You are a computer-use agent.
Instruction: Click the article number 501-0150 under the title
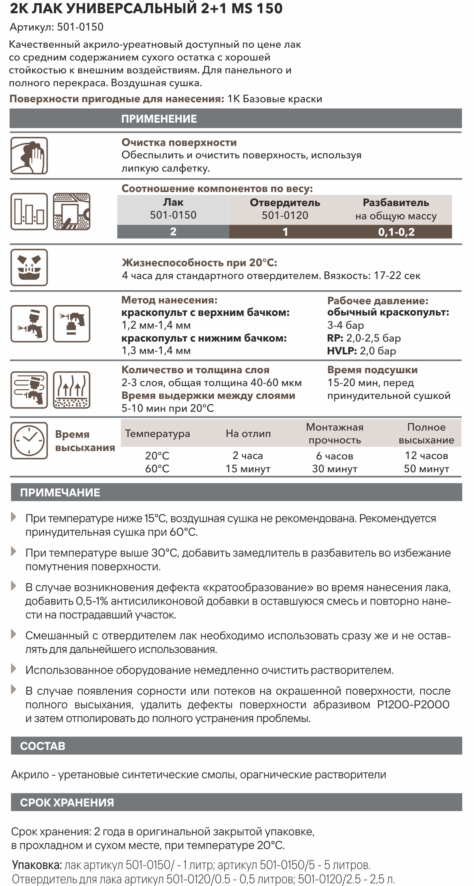point(80,27)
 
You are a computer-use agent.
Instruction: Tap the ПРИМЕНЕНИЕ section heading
point(159,119)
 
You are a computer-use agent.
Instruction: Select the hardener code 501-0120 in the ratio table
point(285,215)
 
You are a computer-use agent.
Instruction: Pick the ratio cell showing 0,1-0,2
point(396,232)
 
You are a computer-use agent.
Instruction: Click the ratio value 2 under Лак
point(173,232)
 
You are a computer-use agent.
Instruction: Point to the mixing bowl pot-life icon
point(29,267)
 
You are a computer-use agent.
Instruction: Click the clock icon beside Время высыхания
point(29,441)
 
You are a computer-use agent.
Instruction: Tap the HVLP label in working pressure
point(342,351)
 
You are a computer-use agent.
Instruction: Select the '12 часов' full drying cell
point(426,455)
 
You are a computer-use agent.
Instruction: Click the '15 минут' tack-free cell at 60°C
point(248,469)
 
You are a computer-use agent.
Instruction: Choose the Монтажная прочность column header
point(334,433)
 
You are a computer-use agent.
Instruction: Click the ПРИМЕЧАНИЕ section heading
point(60,493)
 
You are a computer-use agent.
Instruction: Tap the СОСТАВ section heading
point(43,746)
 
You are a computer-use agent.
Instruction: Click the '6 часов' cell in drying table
point(334,455)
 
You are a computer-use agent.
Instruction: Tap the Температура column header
point(157,433)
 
